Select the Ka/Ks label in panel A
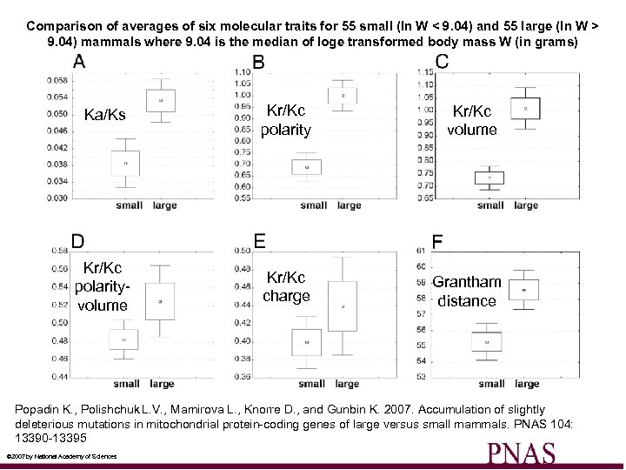point(104,116)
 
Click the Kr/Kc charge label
point(286,286)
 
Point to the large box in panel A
point(160,100)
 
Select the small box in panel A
point(125,163)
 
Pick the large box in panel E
point(343,305)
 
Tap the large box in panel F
point(523,289)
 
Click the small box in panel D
point(123,339)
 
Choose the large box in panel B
point(343,95)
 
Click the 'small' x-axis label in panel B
point(313,205)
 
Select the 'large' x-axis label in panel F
point(527,384)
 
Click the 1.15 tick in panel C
point(424,71)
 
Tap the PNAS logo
point(521,453)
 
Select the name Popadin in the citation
point(38,409)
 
